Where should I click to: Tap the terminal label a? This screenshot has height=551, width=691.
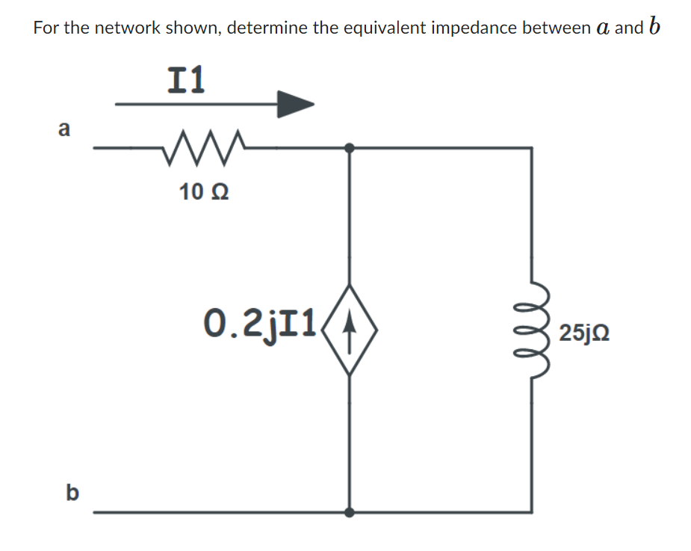pyautogui.click(x=63, y=129)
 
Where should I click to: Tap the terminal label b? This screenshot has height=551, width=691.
pyautogui.click(x=72, y=493)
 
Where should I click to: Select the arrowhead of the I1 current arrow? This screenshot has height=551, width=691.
pyautogui.click(x=295, y=104)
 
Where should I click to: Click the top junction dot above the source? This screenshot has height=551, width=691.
pyautogui.click(x=349, y=148)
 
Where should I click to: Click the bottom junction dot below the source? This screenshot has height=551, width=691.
pyautogui.click(x=349, y=512)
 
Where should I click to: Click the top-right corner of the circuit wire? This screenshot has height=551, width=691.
pyautogui.click(x=531, y=148)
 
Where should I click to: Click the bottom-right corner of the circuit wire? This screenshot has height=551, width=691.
pyautogui.click(x=531, y=512)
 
